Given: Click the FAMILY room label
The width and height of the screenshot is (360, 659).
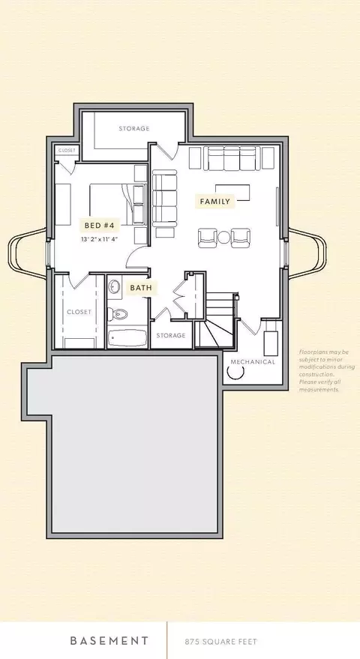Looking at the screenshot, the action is click(x=215, y=202).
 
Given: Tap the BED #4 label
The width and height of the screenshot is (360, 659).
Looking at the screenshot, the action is click(x=99, y=226).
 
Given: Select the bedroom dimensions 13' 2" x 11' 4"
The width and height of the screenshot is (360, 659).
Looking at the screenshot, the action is click(x=99, y=239).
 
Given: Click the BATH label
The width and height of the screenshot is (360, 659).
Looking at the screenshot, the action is click(x=141, y=288).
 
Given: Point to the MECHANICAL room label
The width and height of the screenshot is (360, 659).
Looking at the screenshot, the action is click(x=253, y=362).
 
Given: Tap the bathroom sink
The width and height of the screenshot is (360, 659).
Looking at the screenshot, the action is click(x=114, y=287).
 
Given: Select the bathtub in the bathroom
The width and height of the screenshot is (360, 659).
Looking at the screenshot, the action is click(x=127, y=338).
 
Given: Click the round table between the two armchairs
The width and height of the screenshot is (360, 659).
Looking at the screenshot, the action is click(x=224, y=238).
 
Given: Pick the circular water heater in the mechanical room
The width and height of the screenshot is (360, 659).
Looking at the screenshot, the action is click(x=235, y=371).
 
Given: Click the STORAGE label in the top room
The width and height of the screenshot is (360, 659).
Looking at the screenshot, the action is click(x=134, y=128).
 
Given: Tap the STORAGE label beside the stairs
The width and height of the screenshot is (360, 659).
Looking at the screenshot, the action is click(x=171, y=335).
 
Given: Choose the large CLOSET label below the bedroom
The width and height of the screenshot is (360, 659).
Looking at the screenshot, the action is click(x=79, y=312).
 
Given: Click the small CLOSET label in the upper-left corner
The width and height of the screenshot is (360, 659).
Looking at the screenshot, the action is click(x=67, y=150).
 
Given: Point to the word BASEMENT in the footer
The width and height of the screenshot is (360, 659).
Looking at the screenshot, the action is click(x=109, y=641).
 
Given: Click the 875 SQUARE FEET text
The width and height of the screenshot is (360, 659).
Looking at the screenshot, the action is click(x=220, y=642).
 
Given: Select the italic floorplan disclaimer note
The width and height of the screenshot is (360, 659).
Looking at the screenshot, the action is click(x=327, y=370).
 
